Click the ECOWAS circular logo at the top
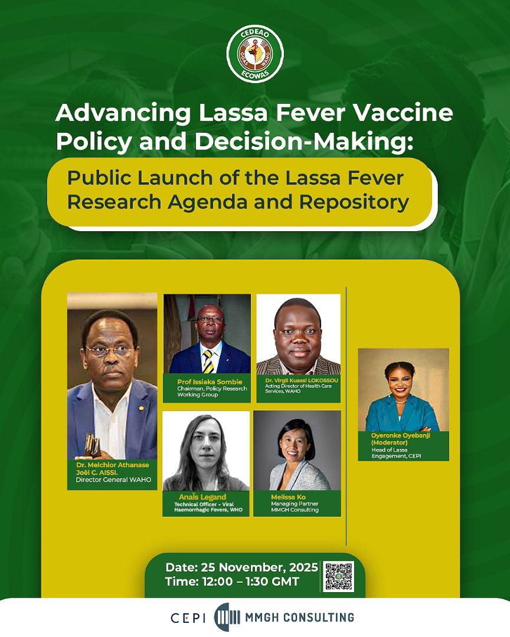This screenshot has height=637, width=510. coord(255,54)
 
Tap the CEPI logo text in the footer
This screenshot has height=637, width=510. coord(188,618)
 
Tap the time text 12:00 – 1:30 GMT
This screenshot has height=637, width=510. coord(232,582)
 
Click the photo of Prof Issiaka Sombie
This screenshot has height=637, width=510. coord(207,334)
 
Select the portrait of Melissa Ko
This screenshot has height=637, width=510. coord(297,451)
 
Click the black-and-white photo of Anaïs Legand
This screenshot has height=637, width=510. coord(206,451)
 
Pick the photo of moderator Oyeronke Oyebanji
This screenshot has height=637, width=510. coord(403,390)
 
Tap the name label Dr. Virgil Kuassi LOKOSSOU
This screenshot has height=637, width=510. coord(298,381)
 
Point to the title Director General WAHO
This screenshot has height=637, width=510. coord(113,480)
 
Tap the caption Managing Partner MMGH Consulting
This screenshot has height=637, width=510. coord(295,507)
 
